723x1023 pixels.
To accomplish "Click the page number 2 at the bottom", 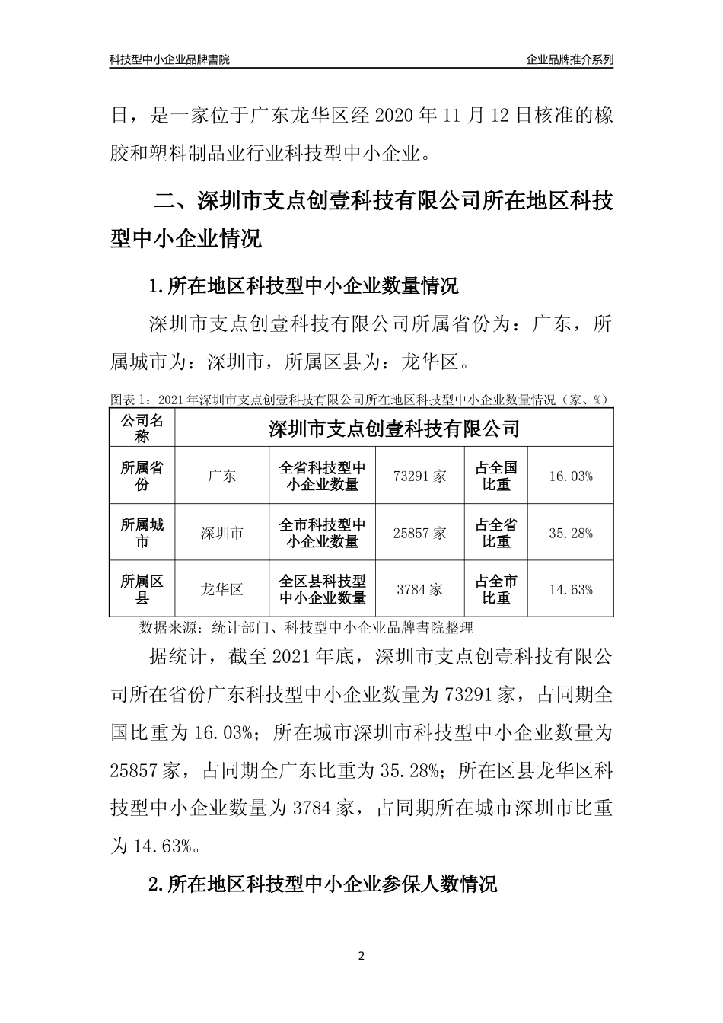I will pos(361,956).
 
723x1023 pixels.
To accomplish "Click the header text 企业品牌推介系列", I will pos(569,59).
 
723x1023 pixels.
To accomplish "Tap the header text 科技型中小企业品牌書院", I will pos(170,59).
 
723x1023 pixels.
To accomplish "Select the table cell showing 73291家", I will pos(420,476).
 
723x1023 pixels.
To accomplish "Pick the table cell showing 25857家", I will pos(420,533).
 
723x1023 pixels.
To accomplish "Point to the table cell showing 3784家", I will pos(420,589).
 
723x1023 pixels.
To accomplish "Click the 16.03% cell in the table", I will pos(570,476).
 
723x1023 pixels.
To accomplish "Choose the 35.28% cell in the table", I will pos(570,533).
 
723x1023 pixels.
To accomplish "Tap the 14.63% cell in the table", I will pos(570,589).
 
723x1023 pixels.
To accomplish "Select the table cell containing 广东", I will pos(221,476).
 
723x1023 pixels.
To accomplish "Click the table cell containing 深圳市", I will pos(221,533).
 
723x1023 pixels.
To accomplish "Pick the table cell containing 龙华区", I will pos(221,589).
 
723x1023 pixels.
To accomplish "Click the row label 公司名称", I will pos(142,429).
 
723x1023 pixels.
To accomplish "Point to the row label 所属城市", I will pos(142,533).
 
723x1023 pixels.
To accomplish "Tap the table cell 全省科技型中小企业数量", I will pos(323,476).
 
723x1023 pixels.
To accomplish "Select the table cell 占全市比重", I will pos(496,589).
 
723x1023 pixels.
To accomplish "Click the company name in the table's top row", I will pos(393,429).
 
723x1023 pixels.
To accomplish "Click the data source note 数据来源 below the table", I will pos(307,628).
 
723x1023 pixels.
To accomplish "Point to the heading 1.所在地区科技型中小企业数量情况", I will pos(304,287).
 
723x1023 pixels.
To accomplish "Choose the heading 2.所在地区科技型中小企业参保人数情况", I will pos(323,884).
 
